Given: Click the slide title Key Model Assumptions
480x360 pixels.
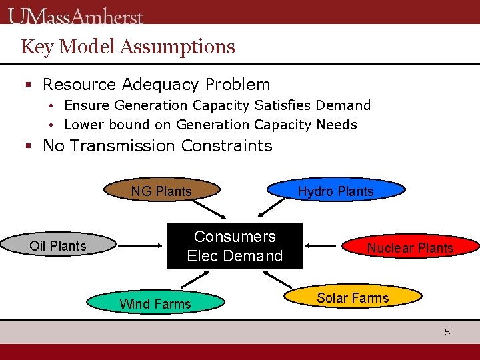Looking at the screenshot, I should [x=128, y=47].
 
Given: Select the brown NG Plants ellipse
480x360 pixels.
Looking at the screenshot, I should [x=162, y=191].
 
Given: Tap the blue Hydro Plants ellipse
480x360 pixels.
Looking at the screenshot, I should [x=336, y=191].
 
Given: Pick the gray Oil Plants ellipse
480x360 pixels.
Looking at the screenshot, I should [x=59, y=245].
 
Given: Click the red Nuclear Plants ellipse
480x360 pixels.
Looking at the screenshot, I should [x=411, y=247].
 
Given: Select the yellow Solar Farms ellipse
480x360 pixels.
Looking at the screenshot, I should [x=353, y=297].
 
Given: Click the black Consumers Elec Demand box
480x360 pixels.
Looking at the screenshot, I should [x=235, y=246].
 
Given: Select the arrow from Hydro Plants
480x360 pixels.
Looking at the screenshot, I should [x=271, y=207].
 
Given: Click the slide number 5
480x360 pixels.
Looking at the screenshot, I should [x=448, y=331].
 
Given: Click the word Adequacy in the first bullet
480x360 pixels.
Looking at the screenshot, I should [x=162, y=85].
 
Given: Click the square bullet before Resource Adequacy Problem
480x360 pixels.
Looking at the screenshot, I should [x=29, y=85].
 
